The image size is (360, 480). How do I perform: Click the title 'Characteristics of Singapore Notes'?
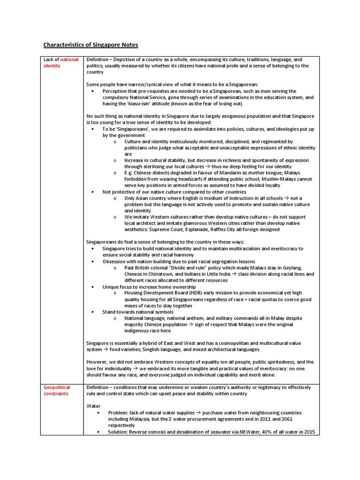91,45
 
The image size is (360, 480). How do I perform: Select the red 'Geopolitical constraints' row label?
57,390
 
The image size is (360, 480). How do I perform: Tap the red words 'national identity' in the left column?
61,63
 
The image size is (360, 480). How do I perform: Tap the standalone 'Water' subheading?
94,405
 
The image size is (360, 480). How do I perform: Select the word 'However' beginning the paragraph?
97,362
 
